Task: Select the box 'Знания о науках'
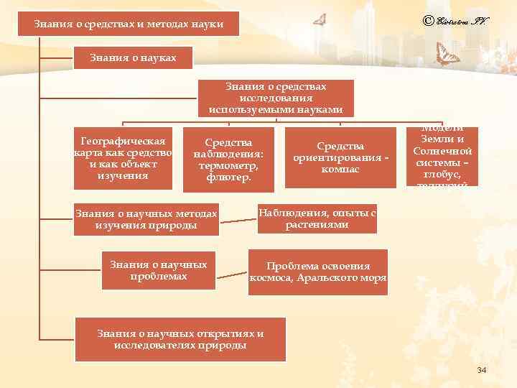point(133,57)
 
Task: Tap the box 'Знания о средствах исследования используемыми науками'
point(276,98)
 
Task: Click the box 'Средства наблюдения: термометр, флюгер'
point(228,160)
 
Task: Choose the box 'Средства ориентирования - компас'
point(340,157)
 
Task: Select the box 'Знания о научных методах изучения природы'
point(146,220)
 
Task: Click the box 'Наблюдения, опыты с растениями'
point(317,218)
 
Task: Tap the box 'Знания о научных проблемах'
point(159,270)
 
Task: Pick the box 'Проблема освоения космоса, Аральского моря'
point(318,272)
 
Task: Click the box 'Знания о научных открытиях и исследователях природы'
point(180,339)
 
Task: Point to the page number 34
point(481,370)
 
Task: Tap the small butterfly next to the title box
point(320,21)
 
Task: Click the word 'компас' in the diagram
point(340,170)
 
